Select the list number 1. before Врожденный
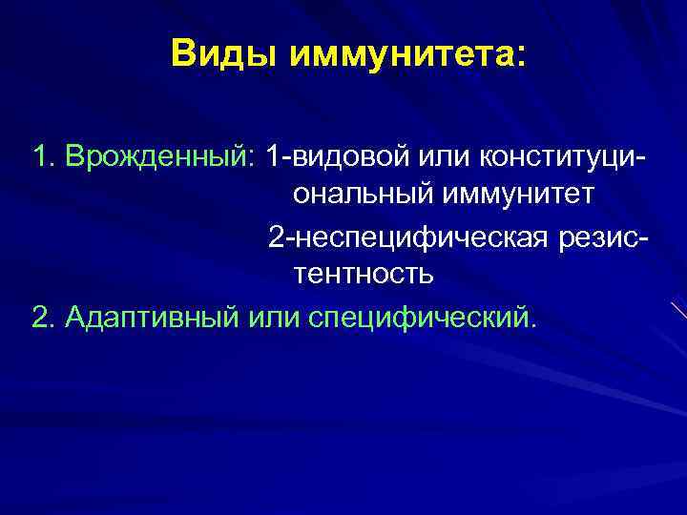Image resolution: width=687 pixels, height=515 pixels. [x=44, y=154]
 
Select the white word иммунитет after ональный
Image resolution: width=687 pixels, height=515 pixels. [x=519, y=195]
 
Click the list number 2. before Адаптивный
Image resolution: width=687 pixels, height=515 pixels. [x=44, y=315]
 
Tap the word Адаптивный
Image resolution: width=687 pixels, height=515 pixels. [x=152, y=315]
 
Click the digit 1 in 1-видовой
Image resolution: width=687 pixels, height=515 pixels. [x=274, y=154]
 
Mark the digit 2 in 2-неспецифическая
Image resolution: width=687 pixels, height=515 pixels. [x=276, y=235]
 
